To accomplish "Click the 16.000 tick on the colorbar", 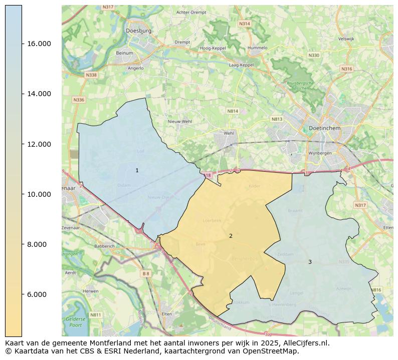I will [22, 44].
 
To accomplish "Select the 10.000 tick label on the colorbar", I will [38, 194].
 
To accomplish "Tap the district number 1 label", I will [137, 171].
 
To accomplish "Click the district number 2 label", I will [231, 236].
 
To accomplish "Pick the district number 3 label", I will [310, 262].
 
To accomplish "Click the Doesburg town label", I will [139, 31].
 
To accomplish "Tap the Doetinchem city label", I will [325, 128].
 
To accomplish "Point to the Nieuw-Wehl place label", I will [179, 121].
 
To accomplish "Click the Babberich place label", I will [91, 246].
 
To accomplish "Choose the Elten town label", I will [166, 313].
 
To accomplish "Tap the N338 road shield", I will [91, 75].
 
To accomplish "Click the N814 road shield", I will [233, 111].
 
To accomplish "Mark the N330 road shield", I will [314, 55].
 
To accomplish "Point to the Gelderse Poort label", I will [76, 321].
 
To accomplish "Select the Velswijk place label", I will [346, 39].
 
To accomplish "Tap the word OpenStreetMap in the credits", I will [273, 351].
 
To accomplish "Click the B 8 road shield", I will [146, 273].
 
